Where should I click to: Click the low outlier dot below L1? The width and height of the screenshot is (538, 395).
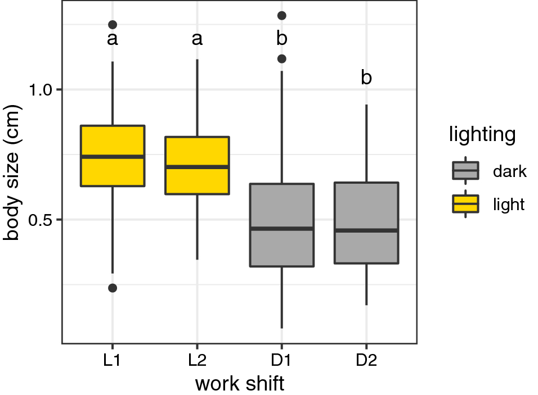pos(113,288)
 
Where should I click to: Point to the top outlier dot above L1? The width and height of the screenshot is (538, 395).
pos(113,25)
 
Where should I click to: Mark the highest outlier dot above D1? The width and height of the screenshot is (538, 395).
pos(281,16)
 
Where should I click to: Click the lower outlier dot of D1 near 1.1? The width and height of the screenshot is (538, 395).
pos(281,58)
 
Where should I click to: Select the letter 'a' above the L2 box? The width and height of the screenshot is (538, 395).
pos(197,39)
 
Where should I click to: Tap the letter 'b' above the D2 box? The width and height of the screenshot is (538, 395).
pos(366,78)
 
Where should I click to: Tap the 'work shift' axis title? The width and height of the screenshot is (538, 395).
pos(239,384)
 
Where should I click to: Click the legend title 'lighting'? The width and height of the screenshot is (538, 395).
pos(482,135)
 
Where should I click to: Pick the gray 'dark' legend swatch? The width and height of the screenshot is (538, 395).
pos(465,170)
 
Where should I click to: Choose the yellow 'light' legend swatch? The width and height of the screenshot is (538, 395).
pos(465,204)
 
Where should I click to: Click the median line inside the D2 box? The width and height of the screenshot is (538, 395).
pos(366,230)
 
